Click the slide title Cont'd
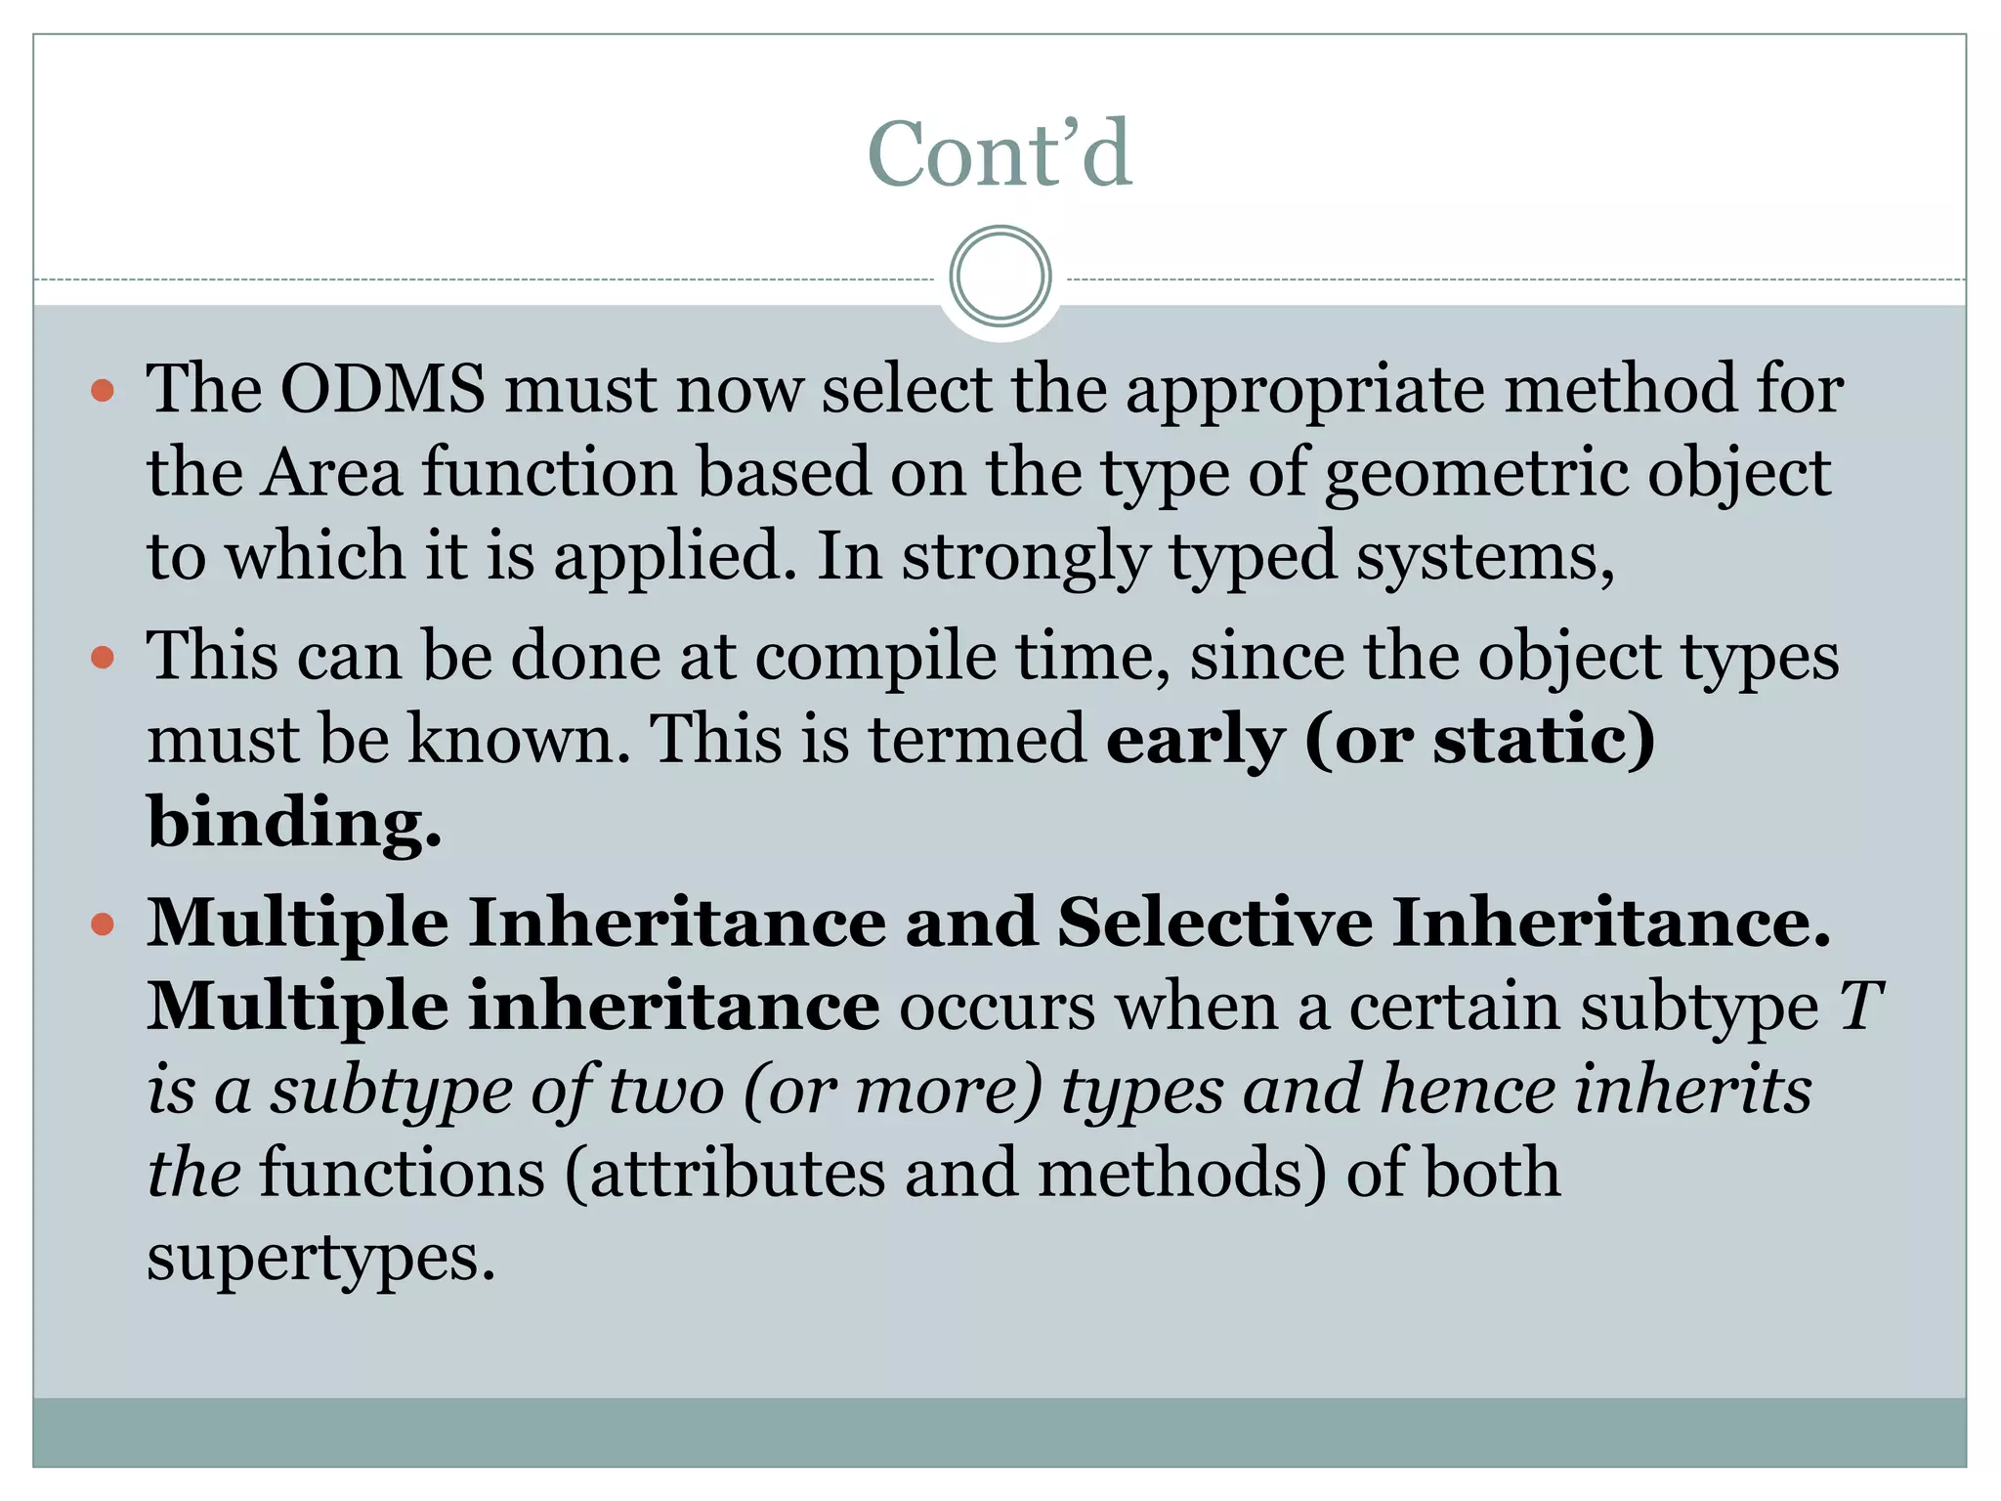coord(1000,154)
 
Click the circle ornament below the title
coord(1000,277)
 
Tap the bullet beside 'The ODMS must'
coord(103,392)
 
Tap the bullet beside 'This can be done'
coord(103,658)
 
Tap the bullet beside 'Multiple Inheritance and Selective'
coord(103,924)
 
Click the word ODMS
coord(382,390)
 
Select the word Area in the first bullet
coord(331,474)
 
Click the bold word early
coord(1195,741)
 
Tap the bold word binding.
coord(293,824)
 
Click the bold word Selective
coord(1214,923)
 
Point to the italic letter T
coord(1860,1007)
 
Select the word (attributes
coord(724,1174)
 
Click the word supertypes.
coord(321,1259)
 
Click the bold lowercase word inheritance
coord(674,1007)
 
